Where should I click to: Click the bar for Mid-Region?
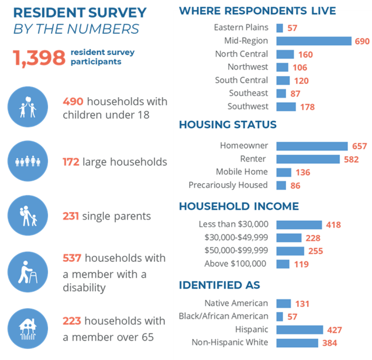[314, 41]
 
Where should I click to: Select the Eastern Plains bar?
[280, 28]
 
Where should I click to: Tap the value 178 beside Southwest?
[308, 107]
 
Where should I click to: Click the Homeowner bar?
[312, 146]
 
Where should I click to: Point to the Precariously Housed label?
[228, 185]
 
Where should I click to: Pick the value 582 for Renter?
[351, 159]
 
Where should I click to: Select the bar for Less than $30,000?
[299, 225]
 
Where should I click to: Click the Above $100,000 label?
[235, 264]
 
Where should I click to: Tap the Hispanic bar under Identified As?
[300, 330]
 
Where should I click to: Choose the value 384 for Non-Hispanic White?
[330, 343]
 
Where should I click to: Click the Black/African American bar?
[280, 317]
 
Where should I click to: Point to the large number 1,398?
[39, 58]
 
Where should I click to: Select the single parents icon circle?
[28, 215]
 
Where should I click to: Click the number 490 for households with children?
[73, 102]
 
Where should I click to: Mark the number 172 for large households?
[71, 162]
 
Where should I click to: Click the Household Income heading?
[239, 206]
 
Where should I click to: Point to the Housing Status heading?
[227, 125]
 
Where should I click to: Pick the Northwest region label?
[248, 67]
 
